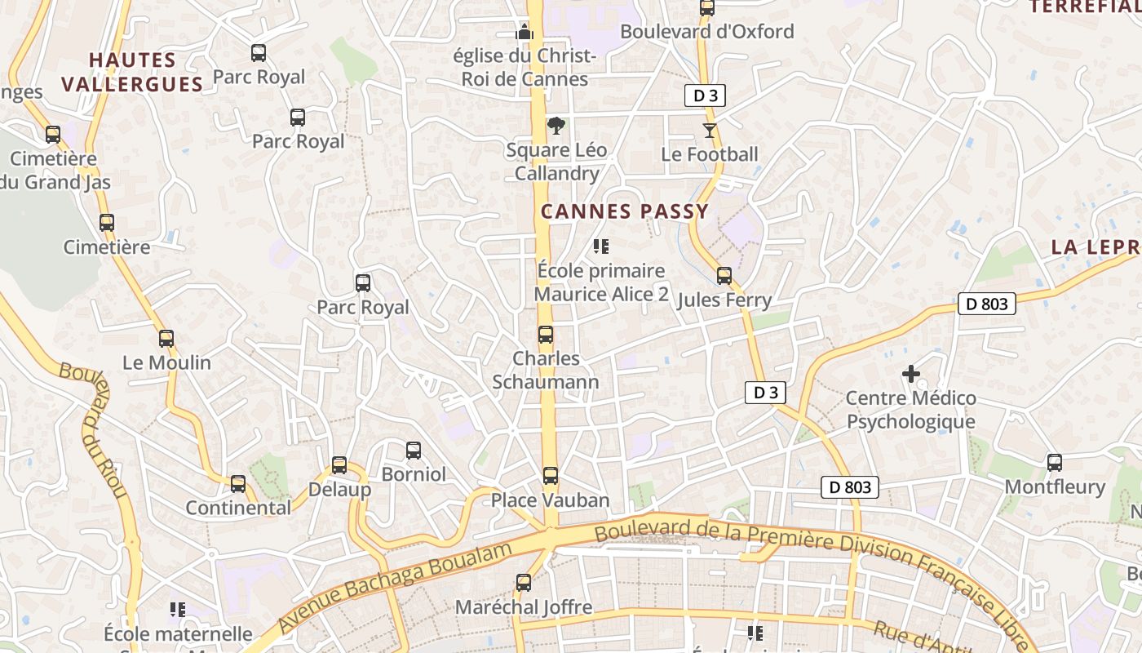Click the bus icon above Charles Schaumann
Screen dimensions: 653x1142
click(x=545, y=335)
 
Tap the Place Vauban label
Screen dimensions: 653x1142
click(x=550, y=500)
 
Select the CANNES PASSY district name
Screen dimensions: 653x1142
click(x=625, y=211)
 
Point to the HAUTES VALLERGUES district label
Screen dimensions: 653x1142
click(x=132, y=72)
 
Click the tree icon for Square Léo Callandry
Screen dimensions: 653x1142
click(x=556, y=126)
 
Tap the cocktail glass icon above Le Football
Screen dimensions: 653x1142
click(x=710, y=131)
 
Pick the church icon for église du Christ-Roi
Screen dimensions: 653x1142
click(x=524, y=32)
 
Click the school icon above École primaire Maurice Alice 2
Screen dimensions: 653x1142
click(x=601, y=247)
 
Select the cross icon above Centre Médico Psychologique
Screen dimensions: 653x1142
click(x=911, y=374)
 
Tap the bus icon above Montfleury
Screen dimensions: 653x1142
click(x=1054, y=463)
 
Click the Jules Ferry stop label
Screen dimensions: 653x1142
click(x=724, y=300)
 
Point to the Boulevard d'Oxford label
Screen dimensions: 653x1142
click(x=706, y=31)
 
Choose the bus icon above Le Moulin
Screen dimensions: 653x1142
click(x=166, y=338)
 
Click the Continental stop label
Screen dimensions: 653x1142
click(x=238, y=507)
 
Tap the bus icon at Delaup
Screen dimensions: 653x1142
click(x=339, y=465)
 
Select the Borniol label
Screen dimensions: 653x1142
click(x=414, y=473)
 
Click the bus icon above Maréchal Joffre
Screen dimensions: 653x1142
click(x=524, y=583)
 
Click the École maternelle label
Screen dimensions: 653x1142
click(x=178, y=633)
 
